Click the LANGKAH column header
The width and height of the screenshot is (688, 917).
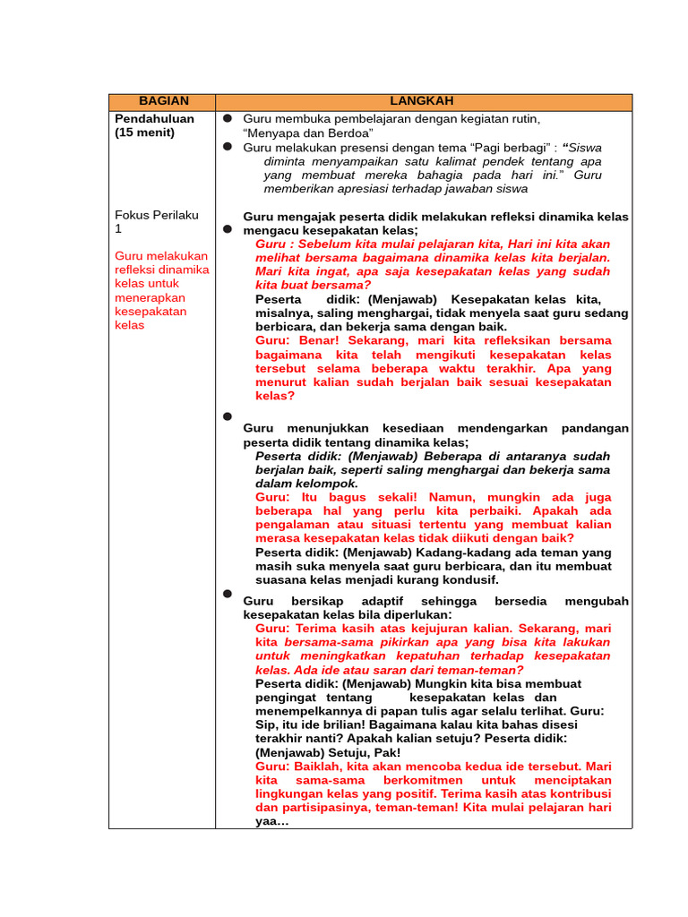coord(423,102)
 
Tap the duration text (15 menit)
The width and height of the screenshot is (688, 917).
coord(145,133)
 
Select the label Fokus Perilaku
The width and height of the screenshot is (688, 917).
coord(157,215)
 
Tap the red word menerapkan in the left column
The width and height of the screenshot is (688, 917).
coord(150,297)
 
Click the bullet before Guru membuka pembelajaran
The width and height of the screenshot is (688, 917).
coord(228,118)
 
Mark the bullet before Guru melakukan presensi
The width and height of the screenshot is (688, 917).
coord(228,146)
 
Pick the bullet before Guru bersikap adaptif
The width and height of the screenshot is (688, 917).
coord(228,594)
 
